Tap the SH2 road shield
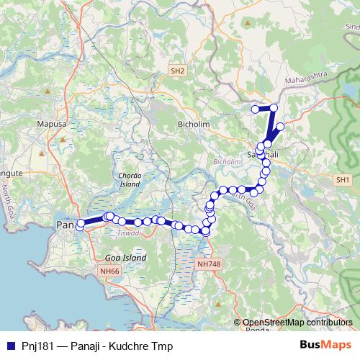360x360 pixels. point(178,71)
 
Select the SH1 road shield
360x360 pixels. point(342,179)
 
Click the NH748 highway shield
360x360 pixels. point(208,264)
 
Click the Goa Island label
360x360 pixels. point(125,257)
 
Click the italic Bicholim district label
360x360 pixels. point(228,163)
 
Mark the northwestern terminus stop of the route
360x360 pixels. point(255,109)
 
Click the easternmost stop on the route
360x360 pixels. point(280,127)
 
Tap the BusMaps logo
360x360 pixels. point(326,346)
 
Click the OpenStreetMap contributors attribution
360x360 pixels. point(297,323)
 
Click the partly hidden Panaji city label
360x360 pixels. point(65,225)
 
